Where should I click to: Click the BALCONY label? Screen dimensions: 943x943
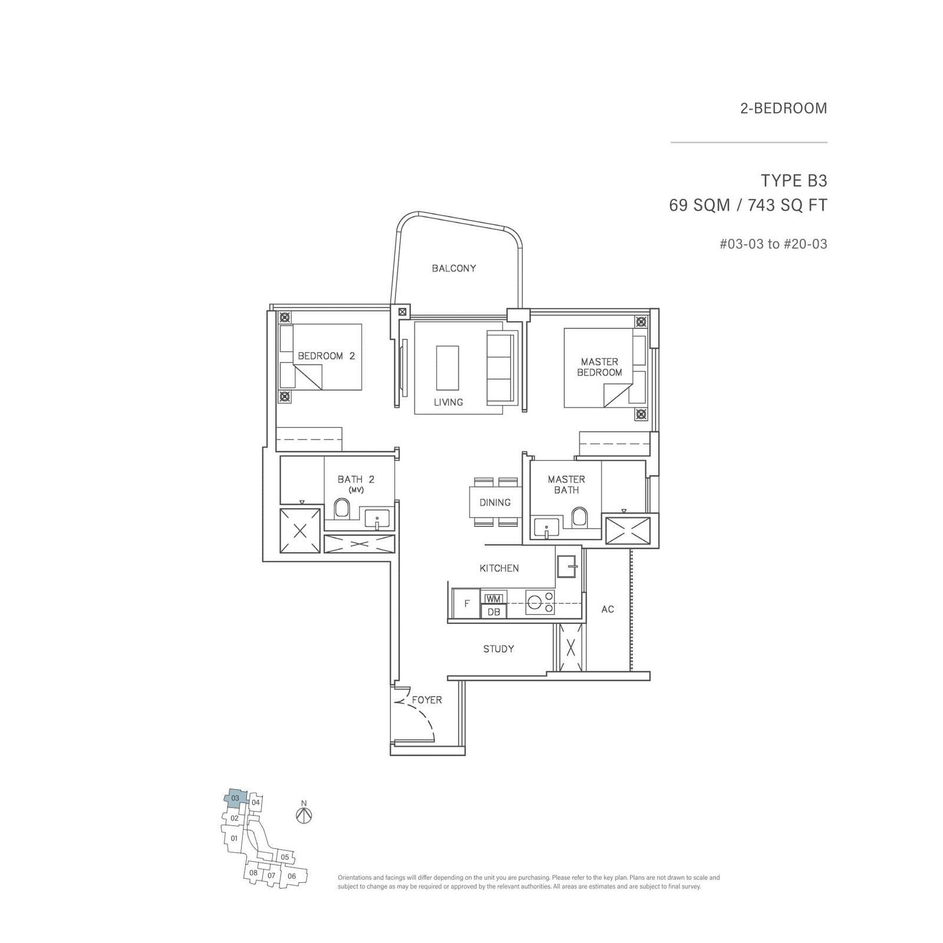tap(453, 268)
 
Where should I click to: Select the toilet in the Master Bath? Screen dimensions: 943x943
tap(580, 517)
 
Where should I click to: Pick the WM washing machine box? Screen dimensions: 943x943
tap(493, 599)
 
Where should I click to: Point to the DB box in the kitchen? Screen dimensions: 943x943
tap(494, 612)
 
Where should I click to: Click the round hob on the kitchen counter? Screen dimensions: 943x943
tap(535, 602)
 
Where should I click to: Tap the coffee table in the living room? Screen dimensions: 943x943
tap(447, 367)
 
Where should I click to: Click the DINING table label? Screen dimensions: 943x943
tap(494, 502)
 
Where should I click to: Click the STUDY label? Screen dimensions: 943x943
tap(499, 649)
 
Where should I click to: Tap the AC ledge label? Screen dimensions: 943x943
tap(608, 609)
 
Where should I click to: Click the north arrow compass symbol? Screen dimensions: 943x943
tap(304, 816)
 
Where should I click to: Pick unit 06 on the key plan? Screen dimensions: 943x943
tap(292, 876)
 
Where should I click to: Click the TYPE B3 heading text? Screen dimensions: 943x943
tap(794, 180)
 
